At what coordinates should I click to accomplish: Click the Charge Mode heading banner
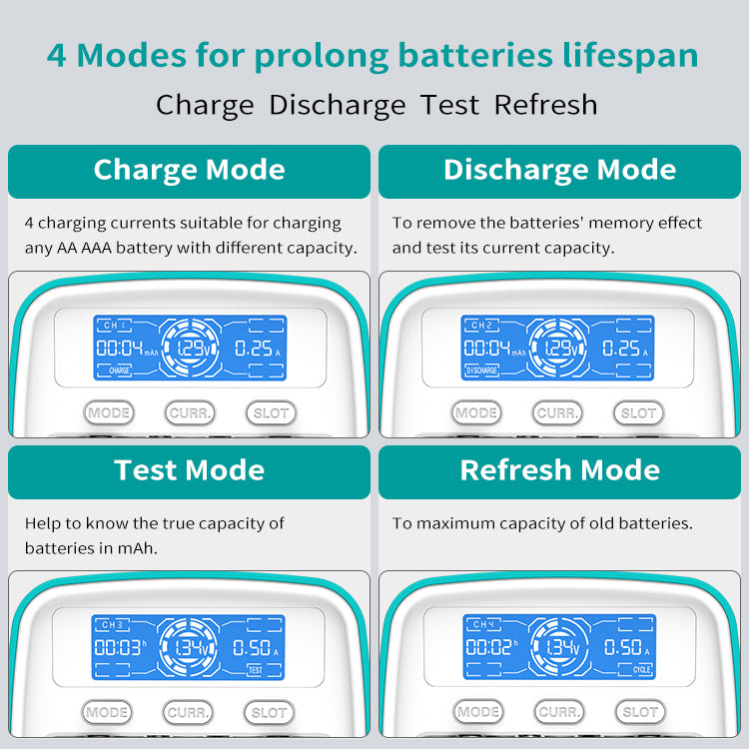[x=189, y=171]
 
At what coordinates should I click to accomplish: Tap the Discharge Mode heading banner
[x=559, y=171]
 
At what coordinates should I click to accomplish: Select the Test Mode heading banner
[x=189, y=471]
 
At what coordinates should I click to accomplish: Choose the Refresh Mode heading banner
[x=559, y=471]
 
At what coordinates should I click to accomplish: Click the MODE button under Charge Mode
[x=109, y=412]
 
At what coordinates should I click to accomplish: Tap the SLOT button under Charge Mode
[x=271, y=412]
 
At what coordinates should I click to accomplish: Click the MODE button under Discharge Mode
[x=476, y=412]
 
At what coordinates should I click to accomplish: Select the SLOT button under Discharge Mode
[x=638, y=412]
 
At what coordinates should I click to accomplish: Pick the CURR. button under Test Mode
[x=189, y=712]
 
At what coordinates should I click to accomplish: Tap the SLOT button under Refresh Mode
[x=639, y=712]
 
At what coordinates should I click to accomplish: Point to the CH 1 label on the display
[x=113, y=326]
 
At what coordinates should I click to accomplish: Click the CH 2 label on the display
[x=481, y=326]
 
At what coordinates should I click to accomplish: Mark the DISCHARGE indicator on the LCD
[x=481, y=371]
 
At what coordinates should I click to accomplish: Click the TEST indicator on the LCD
[x=255, y=670]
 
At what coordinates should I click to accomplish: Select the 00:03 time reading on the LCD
[x=117, y=647]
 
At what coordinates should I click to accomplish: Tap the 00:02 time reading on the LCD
[x=487, y=647]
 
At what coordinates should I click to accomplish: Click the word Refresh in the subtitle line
[x=545, y=105]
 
